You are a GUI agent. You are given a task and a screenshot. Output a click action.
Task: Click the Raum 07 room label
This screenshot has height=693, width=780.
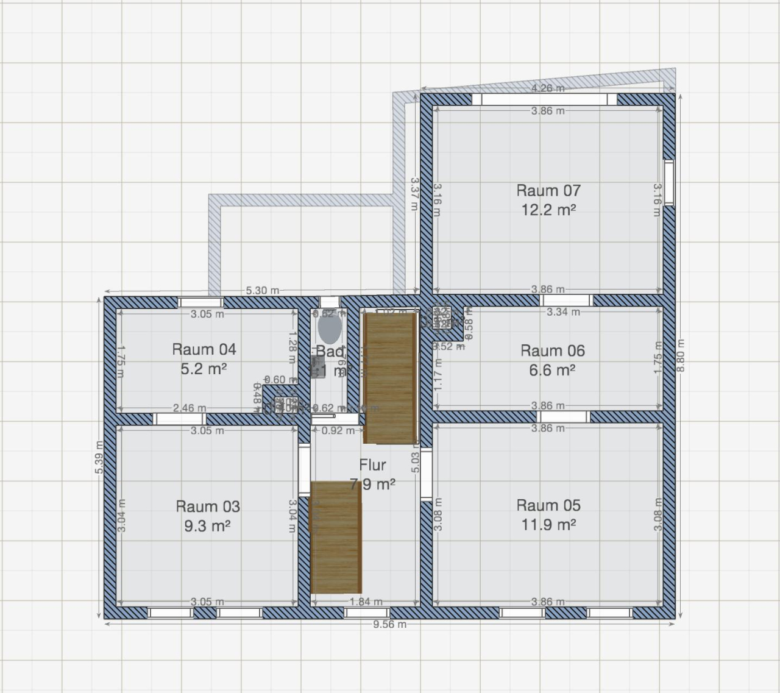point(548,191)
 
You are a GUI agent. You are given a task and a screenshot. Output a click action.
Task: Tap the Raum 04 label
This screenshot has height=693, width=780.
point(204,350)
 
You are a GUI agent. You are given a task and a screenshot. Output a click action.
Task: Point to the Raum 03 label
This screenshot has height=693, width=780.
point(208,506)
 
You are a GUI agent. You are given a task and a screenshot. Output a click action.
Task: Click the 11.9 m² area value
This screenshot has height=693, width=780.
point(548,525)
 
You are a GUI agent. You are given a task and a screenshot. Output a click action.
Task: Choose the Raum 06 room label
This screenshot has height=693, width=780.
point(552,351)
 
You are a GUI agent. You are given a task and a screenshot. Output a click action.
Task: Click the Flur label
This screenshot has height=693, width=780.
point(372,466)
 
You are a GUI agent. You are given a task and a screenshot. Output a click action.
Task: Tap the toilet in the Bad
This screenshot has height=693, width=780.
point(330,328)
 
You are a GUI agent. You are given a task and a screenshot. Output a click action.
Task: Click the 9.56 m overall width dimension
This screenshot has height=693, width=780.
point(389,625)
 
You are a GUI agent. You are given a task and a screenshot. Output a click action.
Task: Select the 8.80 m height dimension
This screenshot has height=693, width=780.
point(681,355)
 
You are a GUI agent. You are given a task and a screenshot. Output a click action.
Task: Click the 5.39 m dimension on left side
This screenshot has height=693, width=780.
point(99,457)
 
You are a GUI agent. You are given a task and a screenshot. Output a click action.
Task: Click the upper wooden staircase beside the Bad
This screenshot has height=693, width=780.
point(390,378)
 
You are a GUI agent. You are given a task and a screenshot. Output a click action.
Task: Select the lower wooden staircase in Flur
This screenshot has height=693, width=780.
point(336,537)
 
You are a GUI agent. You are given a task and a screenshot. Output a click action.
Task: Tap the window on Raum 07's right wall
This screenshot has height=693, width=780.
point(669,183)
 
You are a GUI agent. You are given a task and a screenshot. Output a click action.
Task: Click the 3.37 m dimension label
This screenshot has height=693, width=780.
point(414,194)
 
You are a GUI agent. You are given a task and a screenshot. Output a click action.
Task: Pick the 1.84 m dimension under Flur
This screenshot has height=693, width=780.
point(366,602)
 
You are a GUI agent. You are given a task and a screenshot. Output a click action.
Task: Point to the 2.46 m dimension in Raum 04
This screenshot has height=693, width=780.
point(189,408)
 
